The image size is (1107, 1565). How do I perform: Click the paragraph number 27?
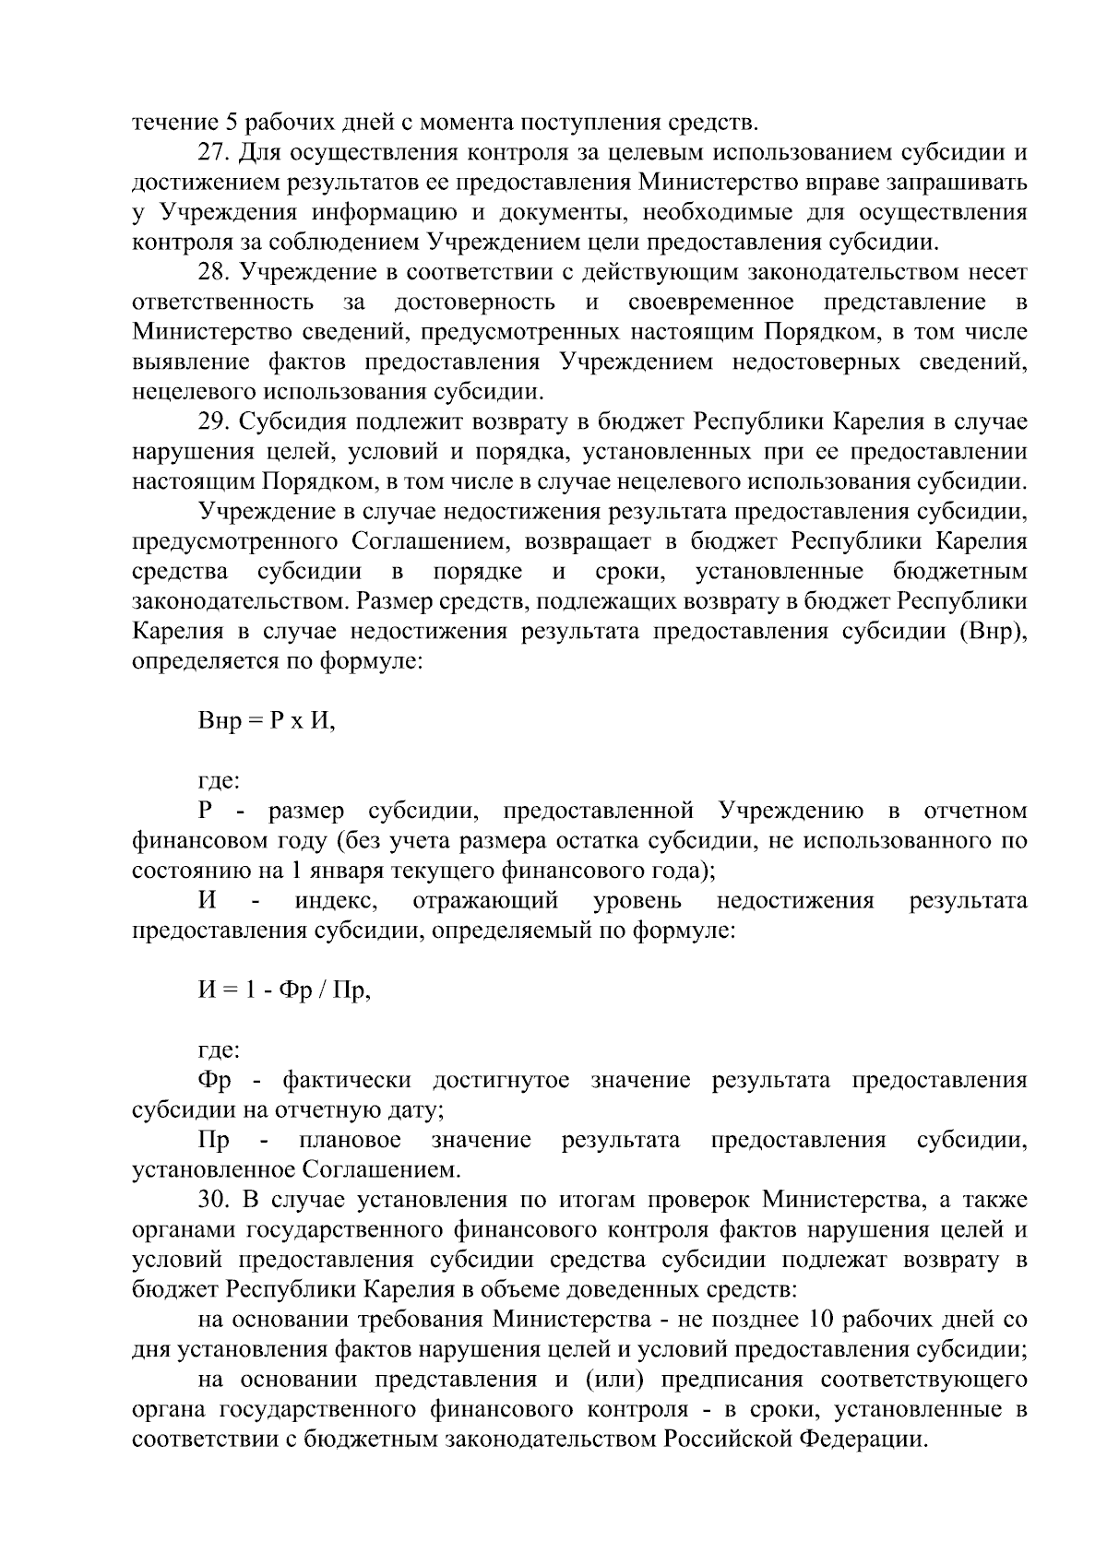211,152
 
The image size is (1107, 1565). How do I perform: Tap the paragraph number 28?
211,272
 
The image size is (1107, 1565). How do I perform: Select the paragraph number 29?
211,422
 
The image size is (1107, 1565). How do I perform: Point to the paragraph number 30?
211,1201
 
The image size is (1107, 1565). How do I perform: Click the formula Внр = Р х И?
267,721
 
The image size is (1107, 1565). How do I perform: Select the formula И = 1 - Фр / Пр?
284,990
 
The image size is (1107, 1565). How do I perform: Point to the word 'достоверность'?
474,302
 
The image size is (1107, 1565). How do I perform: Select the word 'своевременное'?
710,302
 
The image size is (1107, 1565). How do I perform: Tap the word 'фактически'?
346,1081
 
